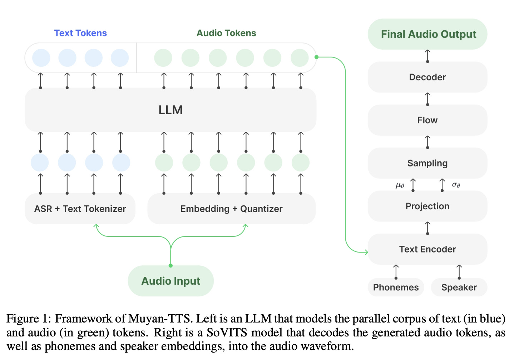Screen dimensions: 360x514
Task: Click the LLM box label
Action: click(170, 110)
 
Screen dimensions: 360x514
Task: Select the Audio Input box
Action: click(170, 281)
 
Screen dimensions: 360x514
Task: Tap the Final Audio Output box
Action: click(428, 34)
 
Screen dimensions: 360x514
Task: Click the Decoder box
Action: click(427, 77)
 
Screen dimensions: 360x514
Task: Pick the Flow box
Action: click(427, 120)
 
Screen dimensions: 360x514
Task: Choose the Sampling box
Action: click(427, 163)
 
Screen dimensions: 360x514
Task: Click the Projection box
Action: click(427, 206)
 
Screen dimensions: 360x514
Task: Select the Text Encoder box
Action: click(427, 249)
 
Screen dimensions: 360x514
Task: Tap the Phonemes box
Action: click(396, 287)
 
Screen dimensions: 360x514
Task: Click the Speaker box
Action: click(459, 287)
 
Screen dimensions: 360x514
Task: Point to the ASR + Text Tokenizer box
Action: click(80, 209)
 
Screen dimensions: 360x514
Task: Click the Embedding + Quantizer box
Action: click(231, 209)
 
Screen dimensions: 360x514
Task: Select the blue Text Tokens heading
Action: click(80, 33)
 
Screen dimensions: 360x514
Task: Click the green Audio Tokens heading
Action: click(226, 33)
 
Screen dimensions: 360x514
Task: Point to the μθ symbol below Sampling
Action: click(400, 185)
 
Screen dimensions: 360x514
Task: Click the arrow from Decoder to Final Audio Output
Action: click(427, 56)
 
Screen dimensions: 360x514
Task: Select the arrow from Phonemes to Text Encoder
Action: click(396, 271)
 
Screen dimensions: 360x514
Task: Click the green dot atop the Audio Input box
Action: click(171, 265)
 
